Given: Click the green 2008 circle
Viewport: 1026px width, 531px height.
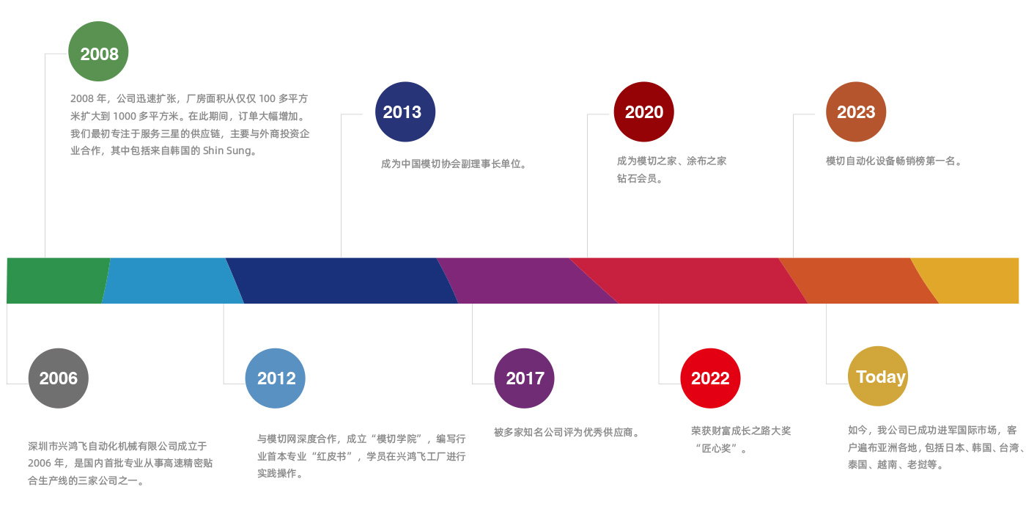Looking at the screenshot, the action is point(98,51).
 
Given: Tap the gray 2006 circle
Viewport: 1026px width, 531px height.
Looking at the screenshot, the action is point(58,378).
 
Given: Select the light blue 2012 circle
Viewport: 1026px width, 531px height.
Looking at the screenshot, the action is point(276,378).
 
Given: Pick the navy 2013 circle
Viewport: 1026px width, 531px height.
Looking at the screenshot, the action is point(405,112).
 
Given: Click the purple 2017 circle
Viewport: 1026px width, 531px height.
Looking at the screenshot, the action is point(524,378).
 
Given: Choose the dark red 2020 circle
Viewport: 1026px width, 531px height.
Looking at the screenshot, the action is point(643,112).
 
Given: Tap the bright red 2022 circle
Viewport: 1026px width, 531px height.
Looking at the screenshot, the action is point(710,378).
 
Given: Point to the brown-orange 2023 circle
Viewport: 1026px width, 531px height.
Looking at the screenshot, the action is point(856,112).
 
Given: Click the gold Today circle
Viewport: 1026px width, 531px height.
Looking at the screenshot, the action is point(878,376).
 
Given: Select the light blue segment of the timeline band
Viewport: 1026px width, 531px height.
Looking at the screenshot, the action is point(171,281).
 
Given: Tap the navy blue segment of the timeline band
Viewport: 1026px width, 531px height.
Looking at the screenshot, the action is point(342,281).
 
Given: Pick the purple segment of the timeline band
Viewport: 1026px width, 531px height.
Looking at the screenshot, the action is point(527,281).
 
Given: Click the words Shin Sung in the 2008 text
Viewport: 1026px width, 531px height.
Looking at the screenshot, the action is point(226,151).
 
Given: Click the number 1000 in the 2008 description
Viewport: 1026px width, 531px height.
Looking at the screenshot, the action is point(125,117).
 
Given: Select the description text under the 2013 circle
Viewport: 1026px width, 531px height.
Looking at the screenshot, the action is point(454,164).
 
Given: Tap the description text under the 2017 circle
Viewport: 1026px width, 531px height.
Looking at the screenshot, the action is point(566,433).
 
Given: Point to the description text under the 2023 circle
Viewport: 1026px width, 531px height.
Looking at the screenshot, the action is point(893,161).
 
